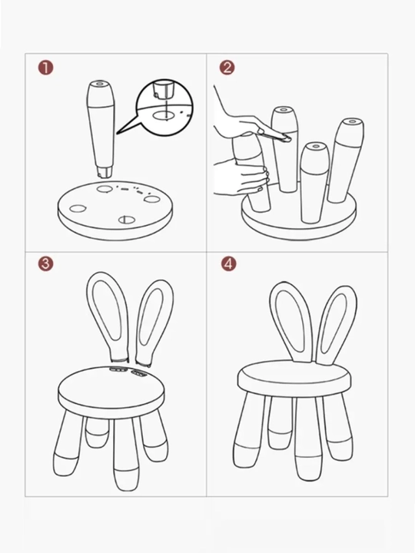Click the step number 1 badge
pyautogui.click(x=45, y=68)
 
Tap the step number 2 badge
pyautogui.click(x=227, y=68)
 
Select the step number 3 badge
pyautogui.click(x=46, y=263)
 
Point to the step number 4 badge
pyautogui.click(x=229, y=263)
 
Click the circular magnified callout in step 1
pyautogui.click(x=164, y=108)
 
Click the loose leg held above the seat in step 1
pyautogui.click(x=101, y=129)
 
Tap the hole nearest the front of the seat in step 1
pyautogui.click(x=127, y=220)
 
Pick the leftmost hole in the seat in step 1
pyautogui.click(x=78, y=208)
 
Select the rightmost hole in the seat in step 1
pyautogui.click(x=152, y=199)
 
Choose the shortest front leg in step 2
pyautogui.click(x=314, y=183)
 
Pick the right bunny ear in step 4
pyautogui.click(x=336, y=324)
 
